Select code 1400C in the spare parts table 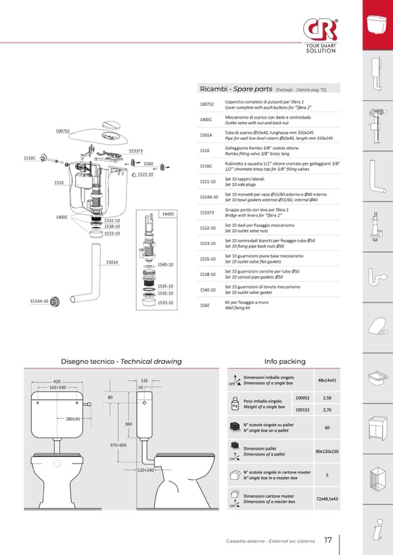206,119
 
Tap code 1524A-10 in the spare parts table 208,197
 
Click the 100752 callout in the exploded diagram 63,131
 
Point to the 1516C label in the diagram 30,158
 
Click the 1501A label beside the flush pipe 112,262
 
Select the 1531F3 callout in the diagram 136,151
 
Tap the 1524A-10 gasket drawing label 39,301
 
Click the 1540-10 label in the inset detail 166,264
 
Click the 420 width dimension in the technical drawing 57,381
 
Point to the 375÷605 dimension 118,445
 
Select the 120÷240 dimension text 145,470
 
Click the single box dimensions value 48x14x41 327,380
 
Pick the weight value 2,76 327,410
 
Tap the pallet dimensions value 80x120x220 327,451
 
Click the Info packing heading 285,361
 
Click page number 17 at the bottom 328,541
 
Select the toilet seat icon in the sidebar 377,326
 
